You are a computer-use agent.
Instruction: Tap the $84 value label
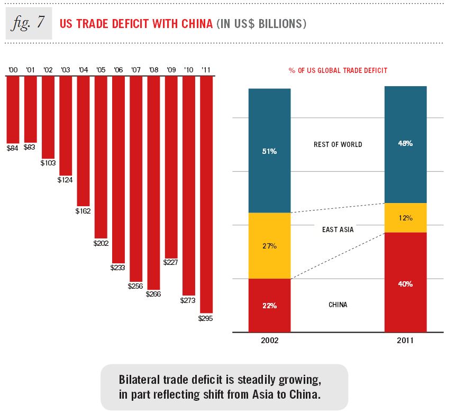tap(12, 148)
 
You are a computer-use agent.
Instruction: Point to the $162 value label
tap(83, 210)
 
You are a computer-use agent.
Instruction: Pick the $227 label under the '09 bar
tap(171, 262)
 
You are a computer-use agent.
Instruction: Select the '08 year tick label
tap(153, 70)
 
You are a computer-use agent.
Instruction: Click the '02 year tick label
tap(48, 70)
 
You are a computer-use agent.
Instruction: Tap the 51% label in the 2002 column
tap(269, 151)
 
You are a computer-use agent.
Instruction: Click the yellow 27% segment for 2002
tap(269, 246)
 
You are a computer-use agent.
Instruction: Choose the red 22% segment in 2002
tap(269, 305)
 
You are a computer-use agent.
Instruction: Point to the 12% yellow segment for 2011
tap(405, 218)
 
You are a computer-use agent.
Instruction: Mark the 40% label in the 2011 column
tap(405, 284)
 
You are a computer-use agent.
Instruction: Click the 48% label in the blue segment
tap(405, 144)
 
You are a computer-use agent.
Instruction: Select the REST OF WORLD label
tap(338, 144)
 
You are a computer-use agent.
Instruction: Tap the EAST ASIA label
tap(338, 229)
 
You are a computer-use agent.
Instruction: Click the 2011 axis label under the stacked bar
tap(405, 341)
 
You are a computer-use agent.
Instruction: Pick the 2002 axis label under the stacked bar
tap(269, 341)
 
